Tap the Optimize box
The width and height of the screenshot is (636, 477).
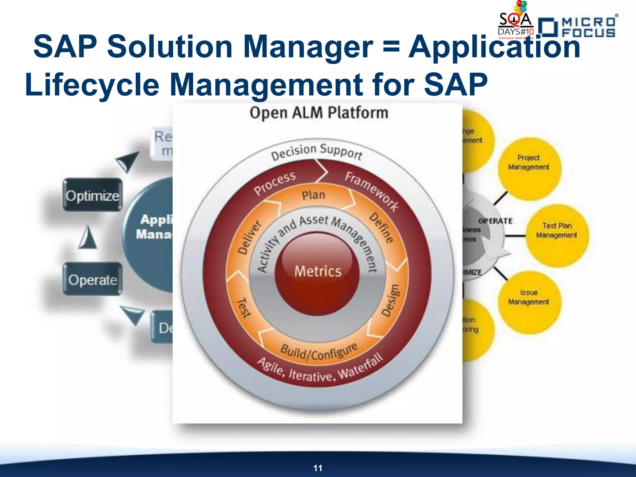pyautogui.click(x=93, y=195)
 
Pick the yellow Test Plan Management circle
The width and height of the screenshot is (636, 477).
pyautogui.click(x=557, y=235)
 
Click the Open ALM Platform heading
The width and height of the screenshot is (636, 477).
pyautogui.click(x=319, y=113)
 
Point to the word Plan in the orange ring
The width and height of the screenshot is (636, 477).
pyautogui.click(x=313, y=195)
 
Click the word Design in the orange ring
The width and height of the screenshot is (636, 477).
pyautogui.click(x=390, y=301)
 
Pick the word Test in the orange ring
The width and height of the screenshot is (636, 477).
pyautogui.click(x=244, y=308)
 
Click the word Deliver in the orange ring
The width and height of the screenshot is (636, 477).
pyautogui.click(x=249, y=237)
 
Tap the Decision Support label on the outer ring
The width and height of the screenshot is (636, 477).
pyautogui.click(x=316, y=151)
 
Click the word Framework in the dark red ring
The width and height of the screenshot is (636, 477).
pyautogui.click(x=371, y=191)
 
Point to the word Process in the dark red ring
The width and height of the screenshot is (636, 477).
pyautogui.click(x=275, y=183)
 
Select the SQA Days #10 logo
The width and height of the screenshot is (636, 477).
pyautogui.click(x=516, y=23)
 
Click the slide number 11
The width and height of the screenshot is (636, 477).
pyautogui.click(x=318, y=468)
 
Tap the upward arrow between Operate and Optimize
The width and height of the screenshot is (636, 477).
pyautogui.click(x=88, y=237)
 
